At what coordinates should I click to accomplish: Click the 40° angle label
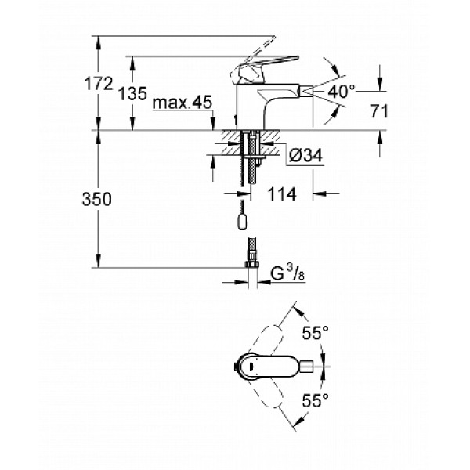coord(342,92)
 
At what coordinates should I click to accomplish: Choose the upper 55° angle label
coord(316,332)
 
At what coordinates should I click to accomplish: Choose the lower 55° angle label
coord(316,401)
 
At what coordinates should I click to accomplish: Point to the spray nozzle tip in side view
coord(313,91)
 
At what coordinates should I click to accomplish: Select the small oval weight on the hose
coord(243,222)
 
